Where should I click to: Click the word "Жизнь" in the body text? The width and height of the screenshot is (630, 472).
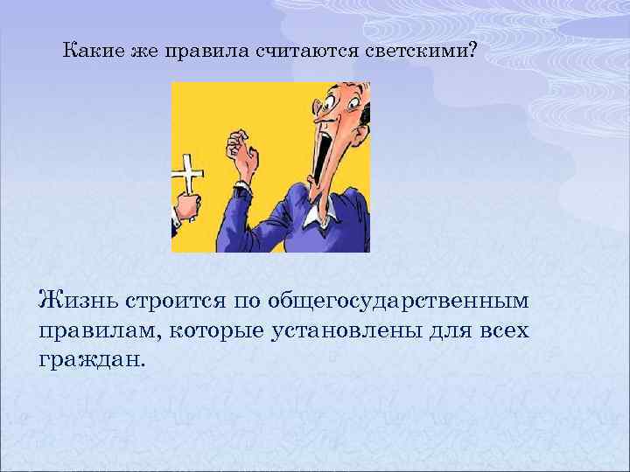(x=76, y=301)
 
